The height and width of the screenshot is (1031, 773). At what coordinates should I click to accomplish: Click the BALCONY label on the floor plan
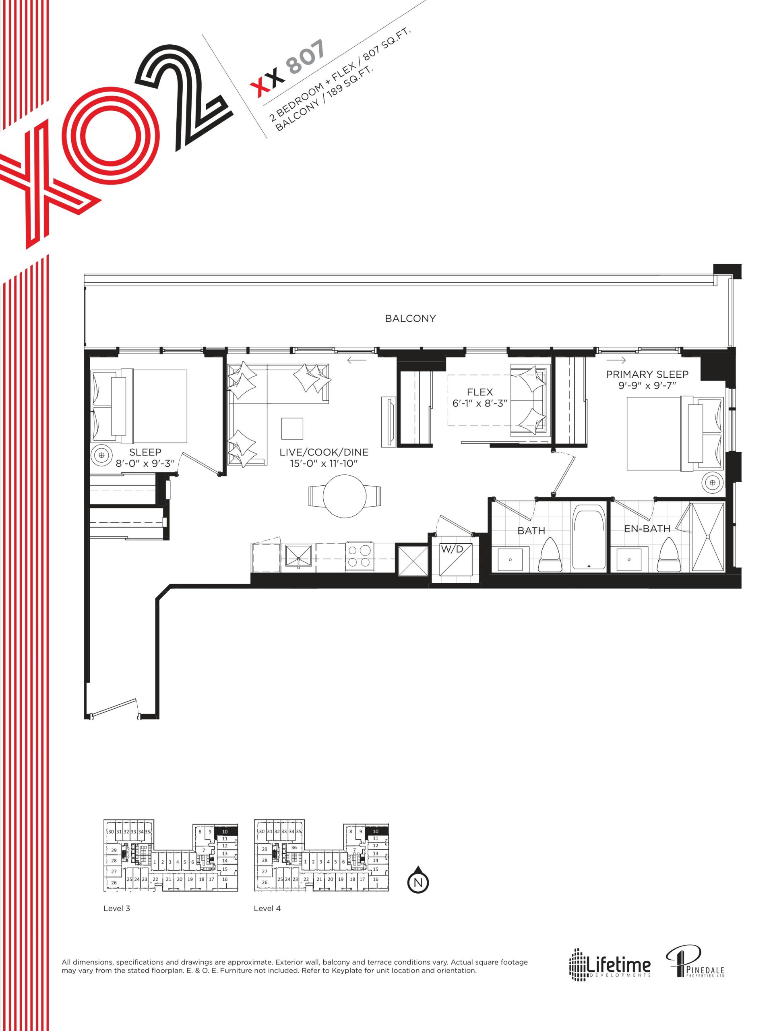[410, 318]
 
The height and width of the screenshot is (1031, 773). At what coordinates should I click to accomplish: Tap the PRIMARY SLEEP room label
[647, 374]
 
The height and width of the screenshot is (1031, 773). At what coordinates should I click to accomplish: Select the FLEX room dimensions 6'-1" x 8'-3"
[480, 403]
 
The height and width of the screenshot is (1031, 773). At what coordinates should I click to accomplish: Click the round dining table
[344, 496]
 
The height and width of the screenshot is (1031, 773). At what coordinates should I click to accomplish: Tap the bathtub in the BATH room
[589, 537]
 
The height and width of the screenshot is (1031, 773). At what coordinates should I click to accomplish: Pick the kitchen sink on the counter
[298, 557]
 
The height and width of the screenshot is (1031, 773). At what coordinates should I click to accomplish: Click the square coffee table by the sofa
[292, 429]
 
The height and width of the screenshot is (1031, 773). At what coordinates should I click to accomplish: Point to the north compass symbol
[418, 880]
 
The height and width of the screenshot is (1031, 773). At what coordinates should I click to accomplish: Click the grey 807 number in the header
[306, 57]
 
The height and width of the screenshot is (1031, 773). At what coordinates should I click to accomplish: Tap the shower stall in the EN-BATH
[707, 537]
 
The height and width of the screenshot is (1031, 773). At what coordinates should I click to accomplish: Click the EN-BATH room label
[647, 528]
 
